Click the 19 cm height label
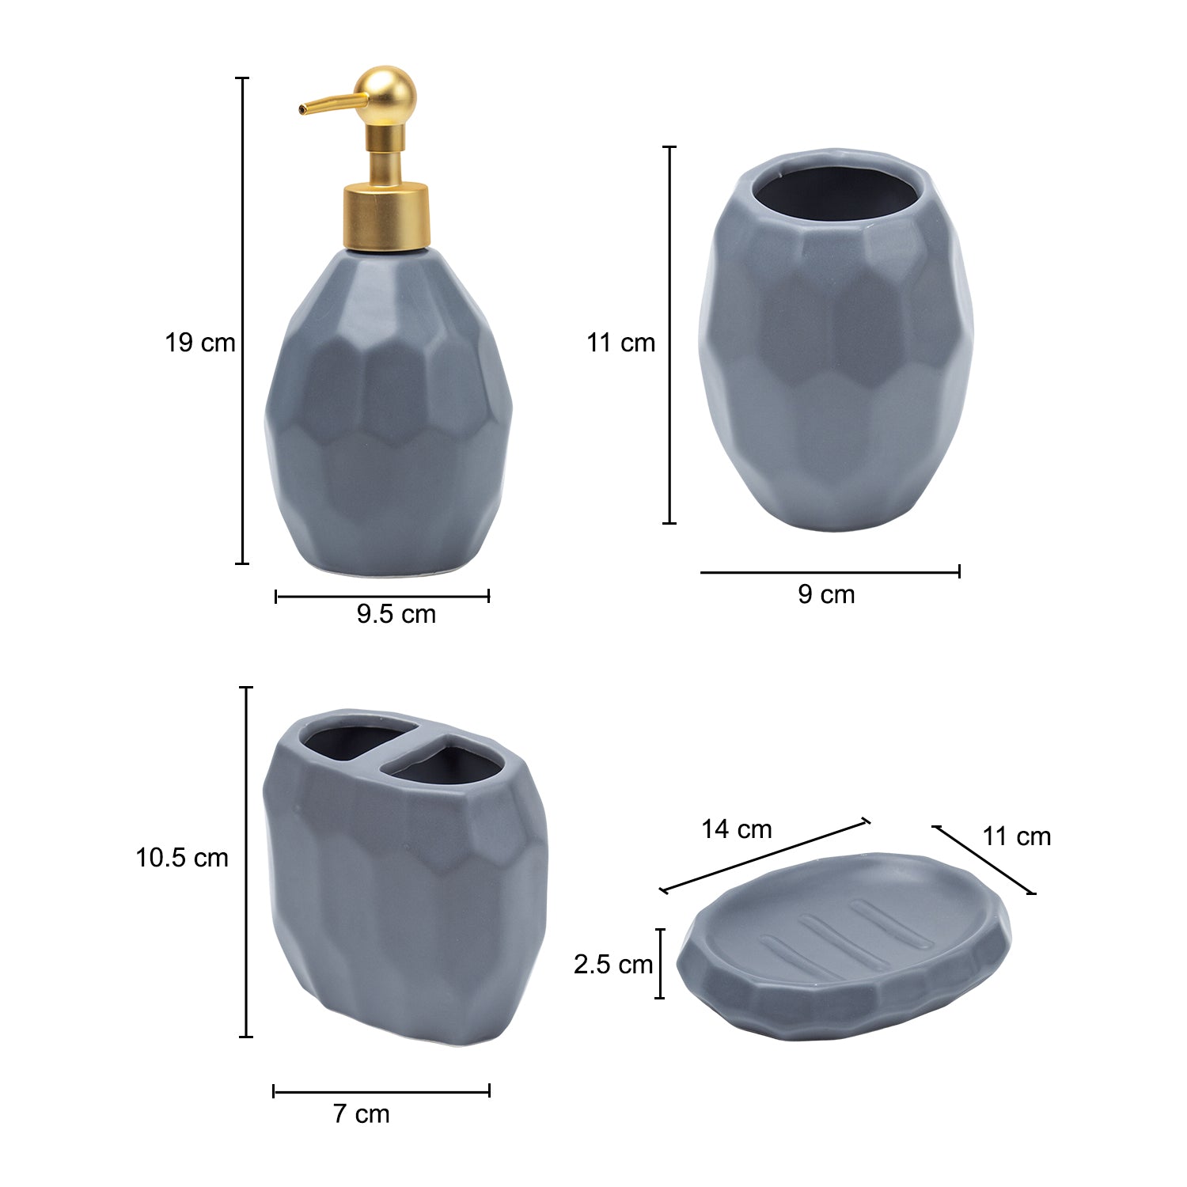(200, 343)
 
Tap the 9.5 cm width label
(396, 614)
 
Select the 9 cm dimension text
(826, 594)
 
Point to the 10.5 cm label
(182, 858)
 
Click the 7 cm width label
(362, 1113)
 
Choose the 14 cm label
(737, 829)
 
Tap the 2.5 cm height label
(613, 964)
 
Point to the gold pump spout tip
(302, 109)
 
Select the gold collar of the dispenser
(387, 217)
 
